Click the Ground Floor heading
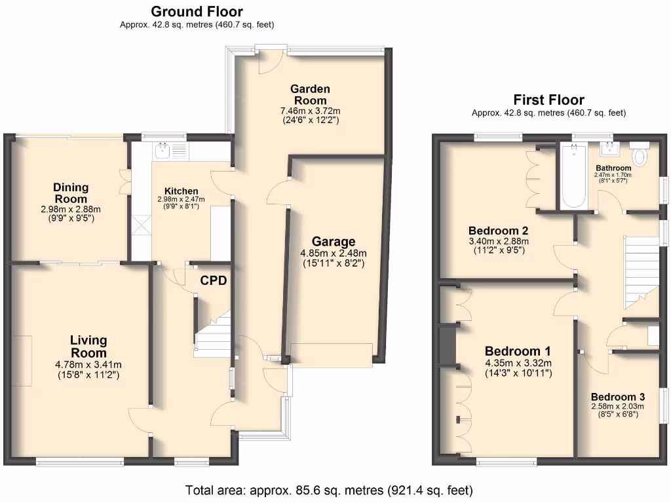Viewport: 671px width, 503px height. pos(197,12)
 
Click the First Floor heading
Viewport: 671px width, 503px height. pos(548,100)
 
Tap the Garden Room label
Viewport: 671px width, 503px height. pos(311,94)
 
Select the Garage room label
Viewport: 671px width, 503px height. pos(333,242)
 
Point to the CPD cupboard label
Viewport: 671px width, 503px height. pos(214,281)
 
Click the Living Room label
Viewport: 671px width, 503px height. pos(88,346)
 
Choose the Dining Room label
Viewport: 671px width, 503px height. pos(71,193)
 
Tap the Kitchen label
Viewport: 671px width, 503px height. pos(181,191)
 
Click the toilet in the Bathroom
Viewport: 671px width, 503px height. pos(640,156)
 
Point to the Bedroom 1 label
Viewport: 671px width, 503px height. pos(518,350)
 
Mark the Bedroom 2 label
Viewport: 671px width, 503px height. pos(498,231)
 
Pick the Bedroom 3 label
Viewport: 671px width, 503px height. pos(617,397)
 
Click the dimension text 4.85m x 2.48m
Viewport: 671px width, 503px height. pos(333,253)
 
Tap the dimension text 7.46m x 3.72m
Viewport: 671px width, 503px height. pos(311,111)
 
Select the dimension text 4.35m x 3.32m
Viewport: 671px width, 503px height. pos(518,363)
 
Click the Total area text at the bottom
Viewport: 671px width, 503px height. pos(329,490)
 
